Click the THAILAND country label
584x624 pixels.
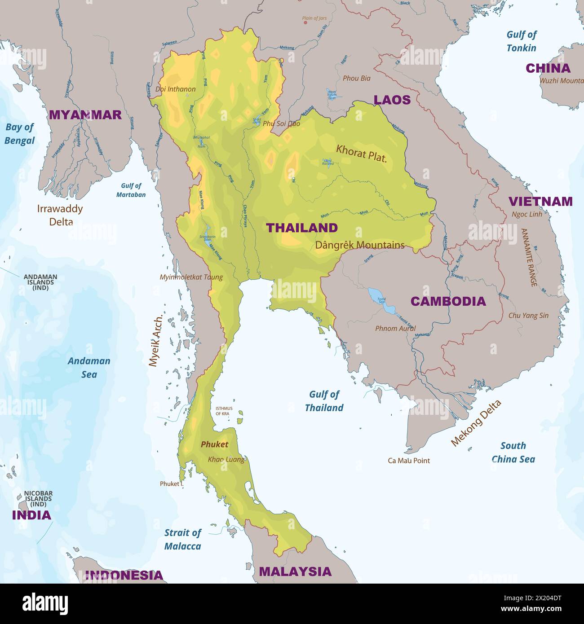[x=301, y=228]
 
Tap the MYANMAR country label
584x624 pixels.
[x=85, y=115]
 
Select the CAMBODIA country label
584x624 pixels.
[x=448, y=301]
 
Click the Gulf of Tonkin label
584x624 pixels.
[x=521, y=41]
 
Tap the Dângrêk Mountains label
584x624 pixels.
[x=359, y=245]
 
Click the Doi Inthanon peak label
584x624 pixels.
[x=175, y=89]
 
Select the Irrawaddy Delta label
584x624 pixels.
[x=60, y=215]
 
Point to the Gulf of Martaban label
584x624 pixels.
[x=131, y=190]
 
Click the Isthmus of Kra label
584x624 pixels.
[x=224, y=411]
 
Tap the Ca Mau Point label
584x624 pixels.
[x=408, y=460]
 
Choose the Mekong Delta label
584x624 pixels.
[x=476, y=423]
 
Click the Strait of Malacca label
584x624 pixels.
[x=182, y=539]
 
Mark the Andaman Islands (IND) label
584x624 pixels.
[x=40, y=282]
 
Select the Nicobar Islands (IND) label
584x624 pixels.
[x=38, y=498]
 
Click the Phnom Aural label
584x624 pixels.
[x=395, y=328]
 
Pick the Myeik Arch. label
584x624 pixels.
[x=155, y=341]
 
